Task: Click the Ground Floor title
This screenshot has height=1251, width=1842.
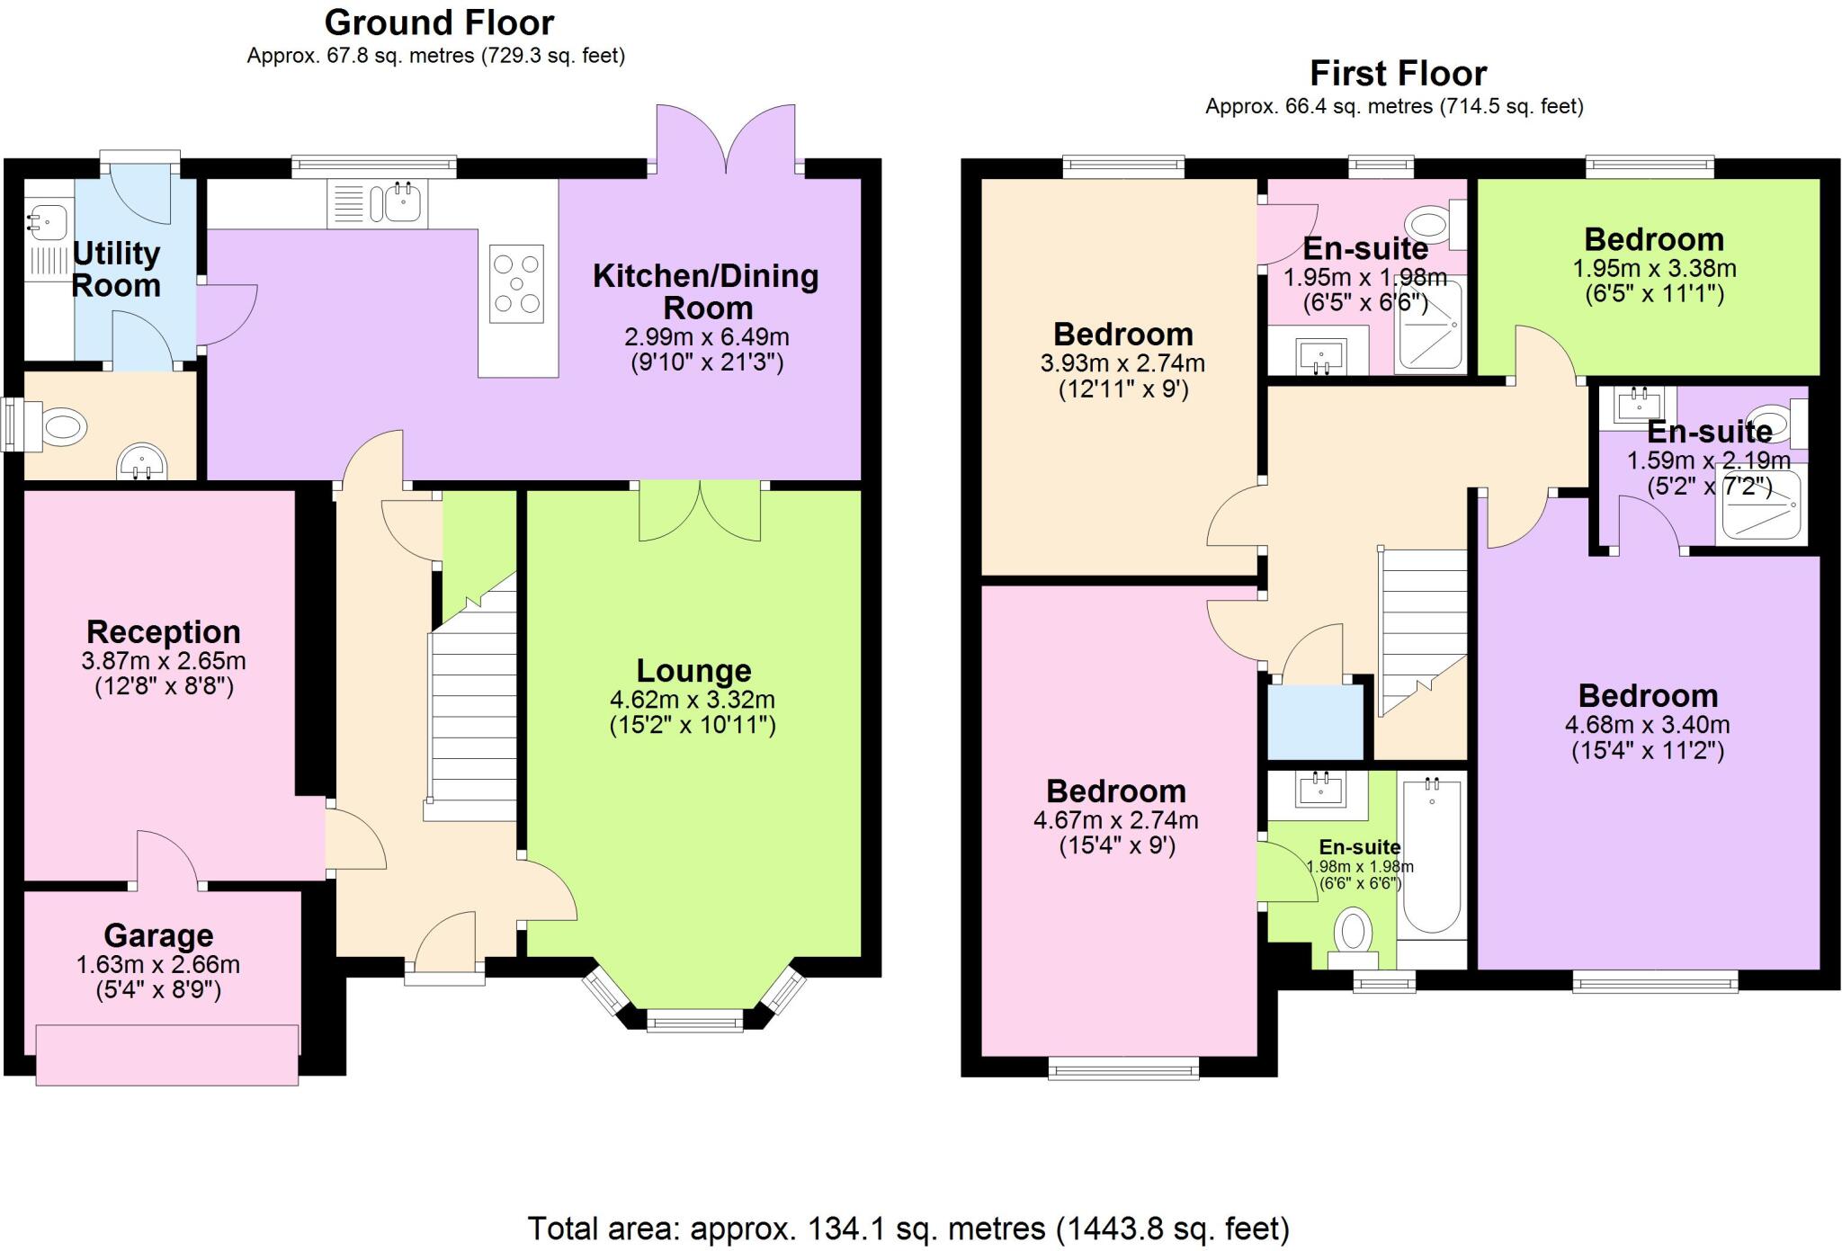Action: click(x=439, y=22)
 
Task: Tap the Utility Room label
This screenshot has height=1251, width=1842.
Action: click(x=116, y=270)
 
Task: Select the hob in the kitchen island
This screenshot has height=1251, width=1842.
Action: click(x=516, y=283)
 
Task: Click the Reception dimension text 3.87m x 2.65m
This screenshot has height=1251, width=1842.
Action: click(x=164, y=661)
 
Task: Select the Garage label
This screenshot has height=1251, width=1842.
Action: click(x=158, y=936)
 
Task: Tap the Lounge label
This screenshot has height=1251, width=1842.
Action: click(x=693, y=671)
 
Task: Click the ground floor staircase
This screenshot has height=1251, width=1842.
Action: click(x=471, y=710)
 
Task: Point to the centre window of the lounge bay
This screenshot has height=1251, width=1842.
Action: click(x=694, y=1020)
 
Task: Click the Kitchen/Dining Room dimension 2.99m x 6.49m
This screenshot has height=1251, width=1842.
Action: click(x=707, y=337)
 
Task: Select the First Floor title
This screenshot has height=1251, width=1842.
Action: click(x=1398, y=73)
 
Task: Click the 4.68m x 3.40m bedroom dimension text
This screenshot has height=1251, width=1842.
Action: click(x=1648, y=725)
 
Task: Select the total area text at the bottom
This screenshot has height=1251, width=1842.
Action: click(x=908, y=1228)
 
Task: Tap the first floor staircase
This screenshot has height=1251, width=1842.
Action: click(x=1421, y=630)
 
